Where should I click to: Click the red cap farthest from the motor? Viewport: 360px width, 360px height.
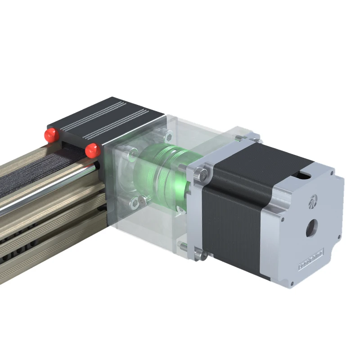[50, 134]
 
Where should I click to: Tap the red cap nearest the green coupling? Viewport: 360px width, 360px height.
[93, 150]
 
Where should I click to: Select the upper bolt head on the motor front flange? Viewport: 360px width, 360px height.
[203, 173]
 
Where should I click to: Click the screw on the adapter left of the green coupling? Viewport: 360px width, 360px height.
[132, 154]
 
